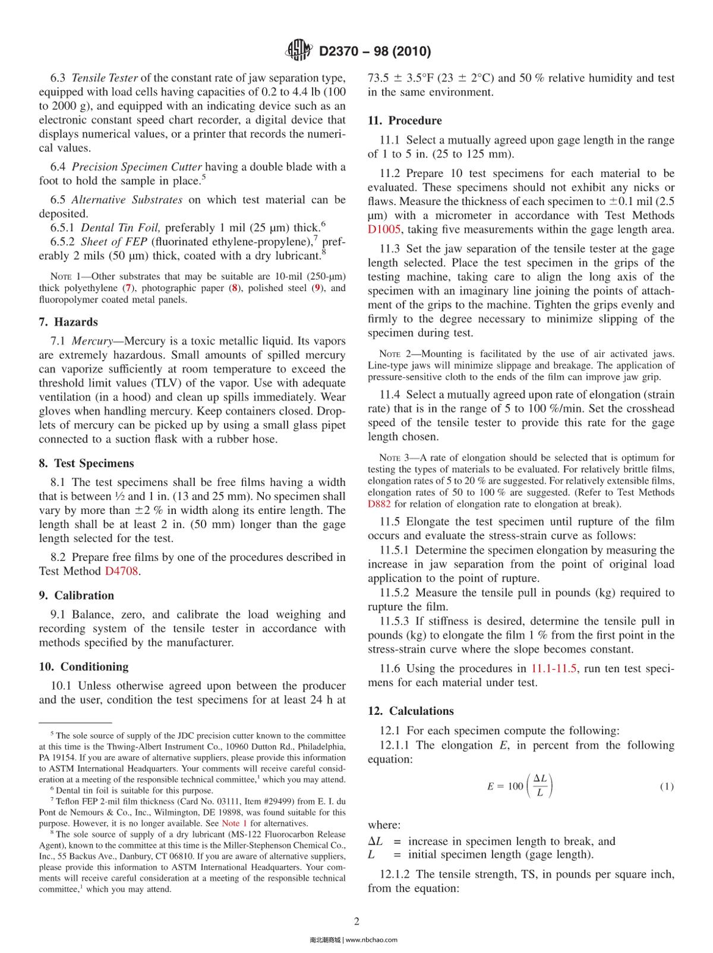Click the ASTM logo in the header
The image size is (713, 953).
tap(299, 51)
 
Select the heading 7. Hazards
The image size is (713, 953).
tap(68, 322)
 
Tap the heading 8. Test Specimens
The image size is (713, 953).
tap(86, 463)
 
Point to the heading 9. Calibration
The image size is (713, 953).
tap(76, 595)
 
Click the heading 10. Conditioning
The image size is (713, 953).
tap(84, 667)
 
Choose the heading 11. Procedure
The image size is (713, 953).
tap(405, 121)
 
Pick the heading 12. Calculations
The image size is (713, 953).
tap(411, 711)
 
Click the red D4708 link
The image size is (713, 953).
tap(122, 572)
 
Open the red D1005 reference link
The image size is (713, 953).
tap(384, 230)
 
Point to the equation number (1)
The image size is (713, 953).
tap(667, 787)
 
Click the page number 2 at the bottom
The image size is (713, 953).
tap(356, 922)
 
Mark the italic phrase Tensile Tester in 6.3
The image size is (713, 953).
tap(105, 78)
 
